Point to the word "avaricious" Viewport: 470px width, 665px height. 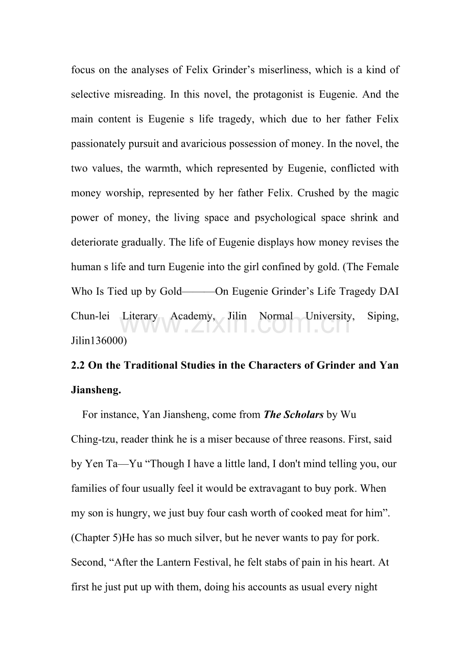[202, 144]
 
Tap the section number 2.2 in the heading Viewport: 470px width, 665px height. [78, 366]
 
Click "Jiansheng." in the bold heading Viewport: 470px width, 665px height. [96, 390]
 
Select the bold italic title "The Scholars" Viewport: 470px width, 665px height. [293, 415]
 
